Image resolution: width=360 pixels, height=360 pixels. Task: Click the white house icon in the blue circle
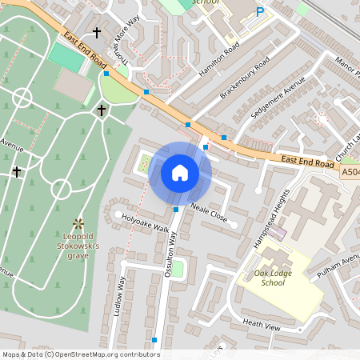(180, 172)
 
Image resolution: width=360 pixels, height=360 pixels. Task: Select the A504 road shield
(350, 172)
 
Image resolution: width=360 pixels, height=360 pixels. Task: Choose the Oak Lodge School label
(269, 278)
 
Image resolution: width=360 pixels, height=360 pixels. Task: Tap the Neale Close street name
(210, 213)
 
